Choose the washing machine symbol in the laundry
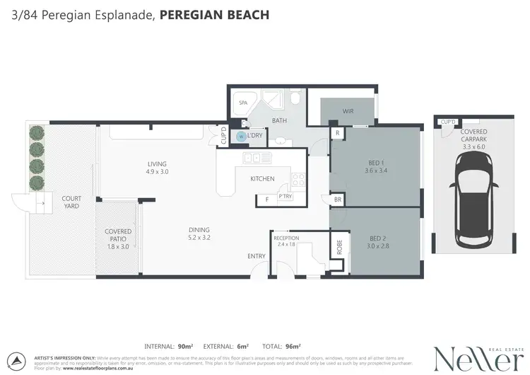[241, 136]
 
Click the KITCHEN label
[262, 179]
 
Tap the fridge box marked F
[267, 200]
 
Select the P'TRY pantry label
[285, 196]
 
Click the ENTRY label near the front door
[256, 256]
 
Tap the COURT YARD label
[71, 202]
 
